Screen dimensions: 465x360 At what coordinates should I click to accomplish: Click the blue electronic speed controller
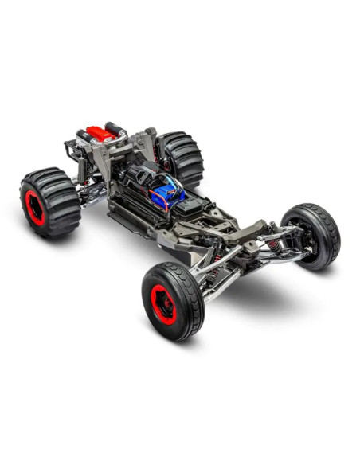point(169,190)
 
